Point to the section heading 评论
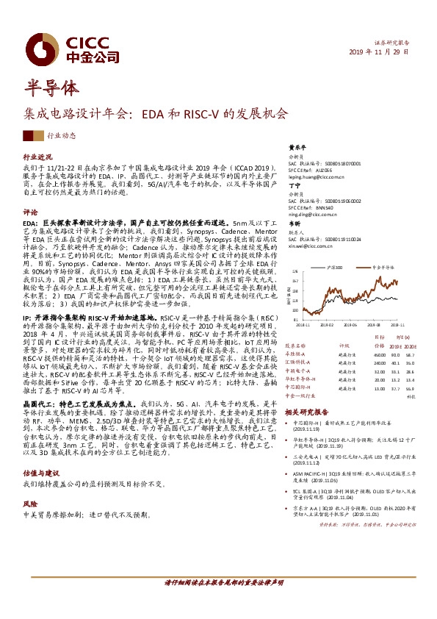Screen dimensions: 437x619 [x=30, y=211]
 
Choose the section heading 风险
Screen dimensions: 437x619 [x=30, y=484]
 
